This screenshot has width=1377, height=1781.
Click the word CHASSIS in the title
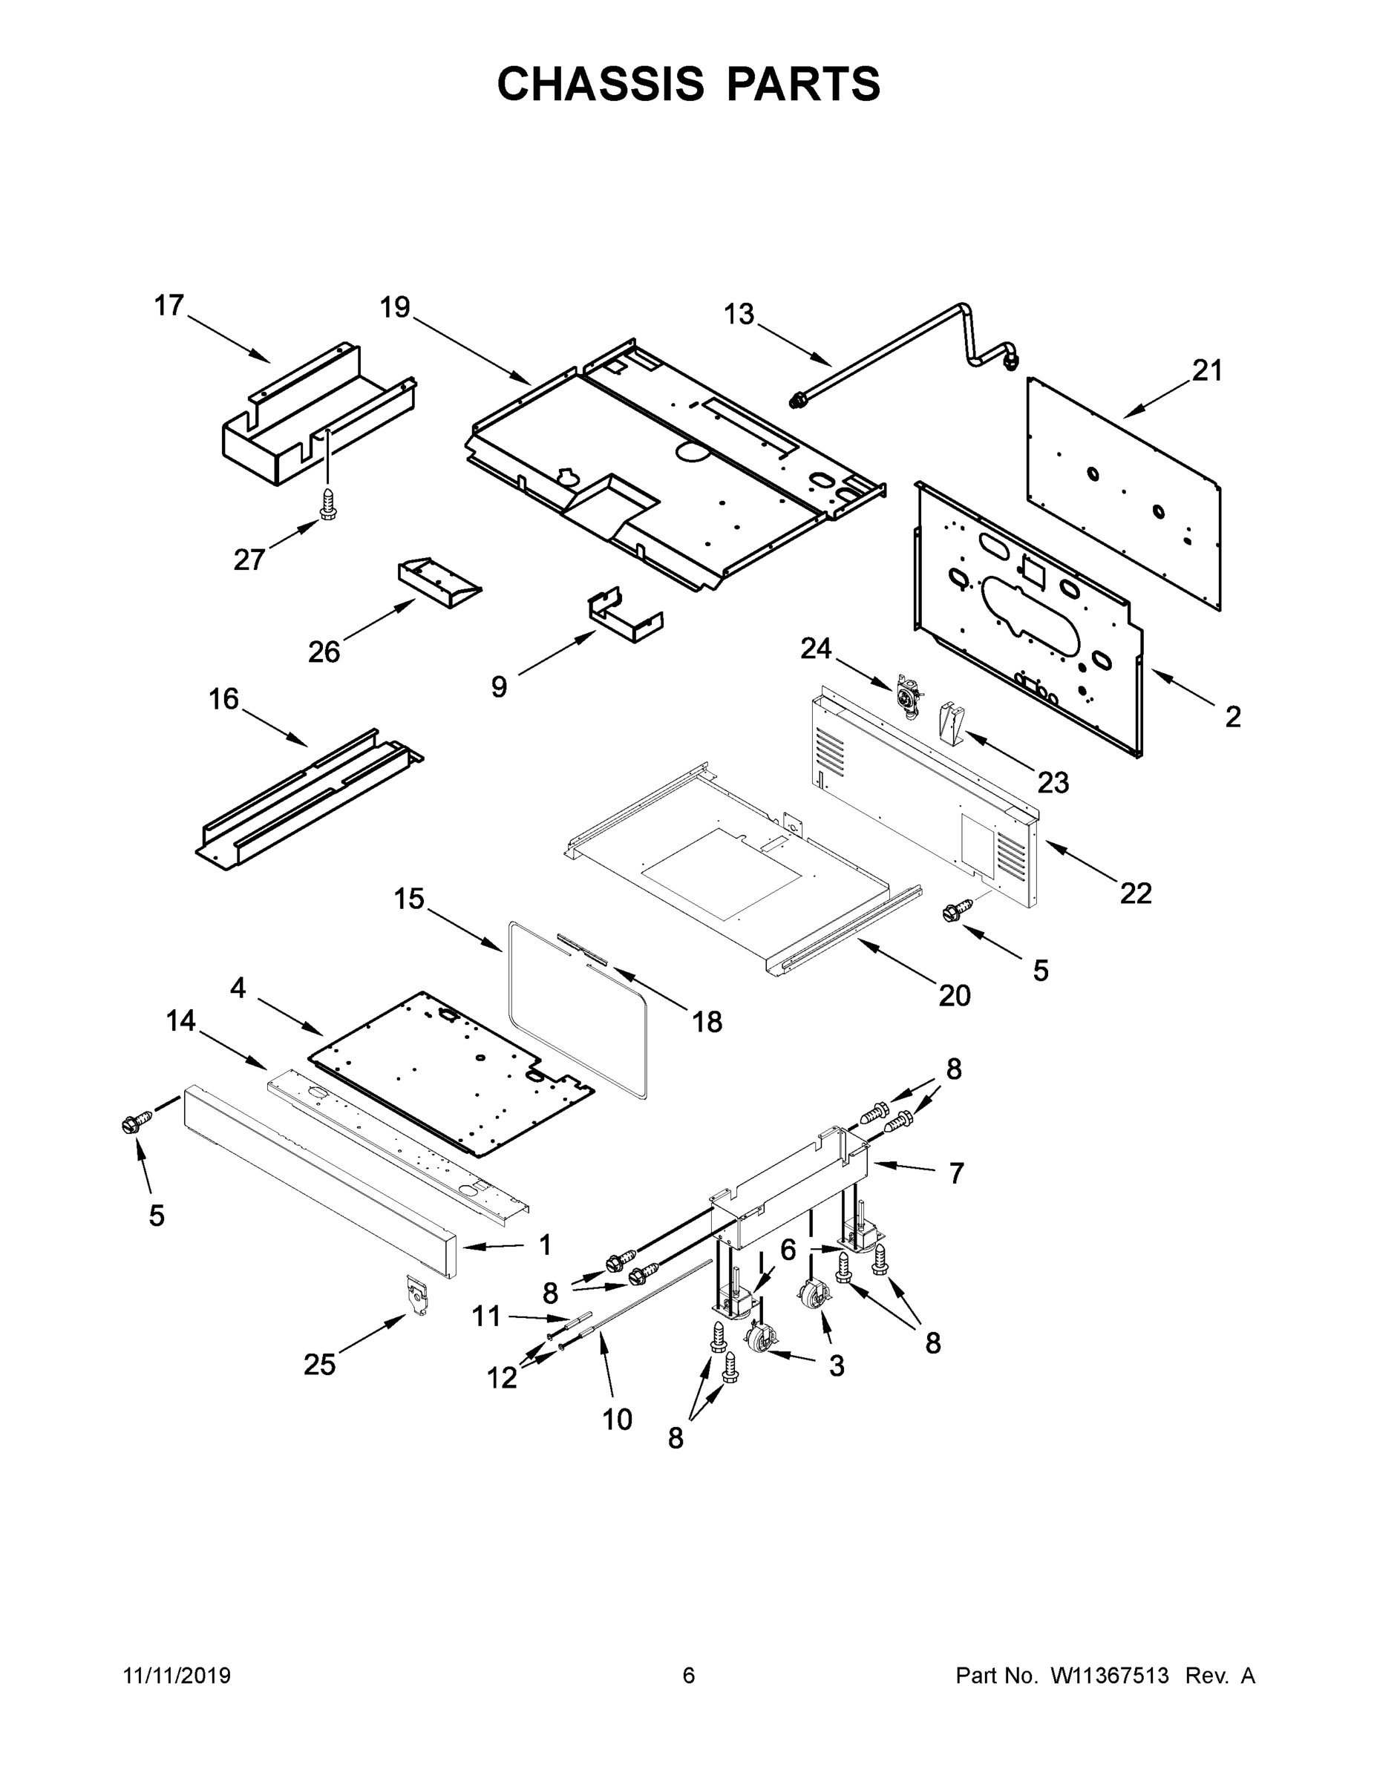[601, 84]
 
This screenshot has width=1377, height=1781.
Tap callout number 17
[170, 306]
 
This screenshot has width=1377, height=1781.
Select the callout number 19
[395, 307]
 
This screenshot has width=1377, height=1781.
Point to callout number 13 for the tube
[739, 314]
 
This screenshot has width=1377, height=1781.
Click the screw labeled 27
[329, 505]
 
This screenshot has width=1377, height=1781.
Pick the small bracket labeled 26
[439, 584]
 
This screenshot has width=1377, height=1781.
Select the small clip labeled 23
[949, 723]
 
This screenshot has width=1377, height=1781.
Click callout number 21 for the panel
[1207, 371]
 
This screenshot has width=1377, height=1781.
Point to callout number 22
[1136, 893]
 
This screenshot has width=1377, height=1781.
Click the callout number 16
[223, 699]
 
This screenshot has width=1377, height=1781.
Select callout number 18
[707, 1021]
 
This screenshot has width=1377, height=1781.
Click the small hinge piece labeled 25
[417, 1293]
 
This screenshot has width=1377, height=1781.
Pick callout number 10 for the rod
[617, 1420]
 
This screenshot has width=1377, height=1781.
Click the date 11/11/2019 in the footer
[177, 1675]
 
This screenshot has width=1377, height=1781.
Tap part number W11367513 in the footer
[1110, 1675]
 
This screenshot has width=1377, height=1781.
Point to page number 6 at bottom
[689, 1675]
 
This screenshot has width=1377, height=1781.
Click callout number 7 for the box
[956, 1173]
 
